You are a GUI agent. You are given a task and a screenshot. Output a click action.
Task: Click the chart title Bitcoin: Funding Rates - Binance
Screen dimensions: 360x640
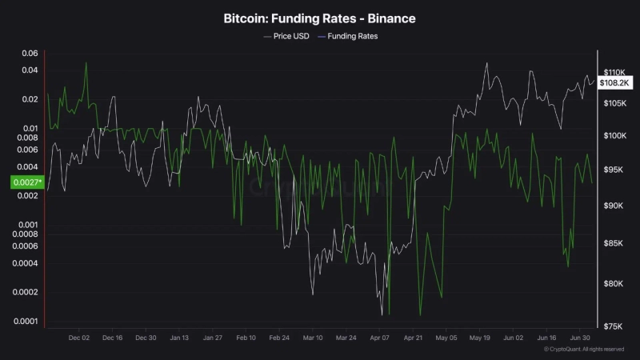tap(319, 17)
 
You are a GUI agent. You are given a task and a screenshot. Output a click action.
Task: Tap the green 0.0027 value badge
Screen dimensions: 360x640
tap(26, 182)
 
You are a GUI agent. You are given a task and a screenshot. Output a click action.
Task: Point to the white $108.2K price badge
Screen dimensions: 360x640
tap(615, 82)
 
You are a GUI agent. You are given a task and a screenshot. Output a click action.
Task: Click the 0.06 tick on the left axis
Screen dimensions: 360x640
tap(30, 54)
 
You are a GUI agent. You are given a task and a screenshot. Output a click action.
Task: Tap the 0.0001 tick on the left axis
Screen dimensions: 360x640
tap(26, 322)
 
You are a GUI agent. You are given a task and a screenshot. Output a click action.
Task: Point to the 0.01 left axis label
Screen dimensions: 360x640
tap(30, 128)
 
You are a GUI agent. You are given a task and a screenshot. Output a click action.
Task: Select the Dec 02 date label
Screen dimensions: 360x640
tap(79, 338)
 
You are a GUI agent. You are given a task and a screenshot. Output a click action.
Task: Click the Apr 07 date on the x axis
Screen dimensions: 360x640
tap(379, 338)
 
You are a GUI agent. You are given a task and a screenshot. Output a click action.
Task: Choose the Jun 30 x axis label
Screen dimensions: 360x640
tap(579, 338)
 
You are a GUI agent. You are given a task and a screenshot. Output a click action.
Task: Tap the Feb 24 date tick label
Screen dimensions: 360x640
tap(279, 338)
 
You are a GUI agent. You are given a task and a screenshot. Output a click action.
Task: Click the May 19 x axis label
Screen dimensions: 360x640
tap(479, 338)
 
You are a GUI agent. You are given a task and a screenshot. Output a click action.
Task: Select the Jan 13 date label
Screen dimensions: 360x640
tap(179, 338)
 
